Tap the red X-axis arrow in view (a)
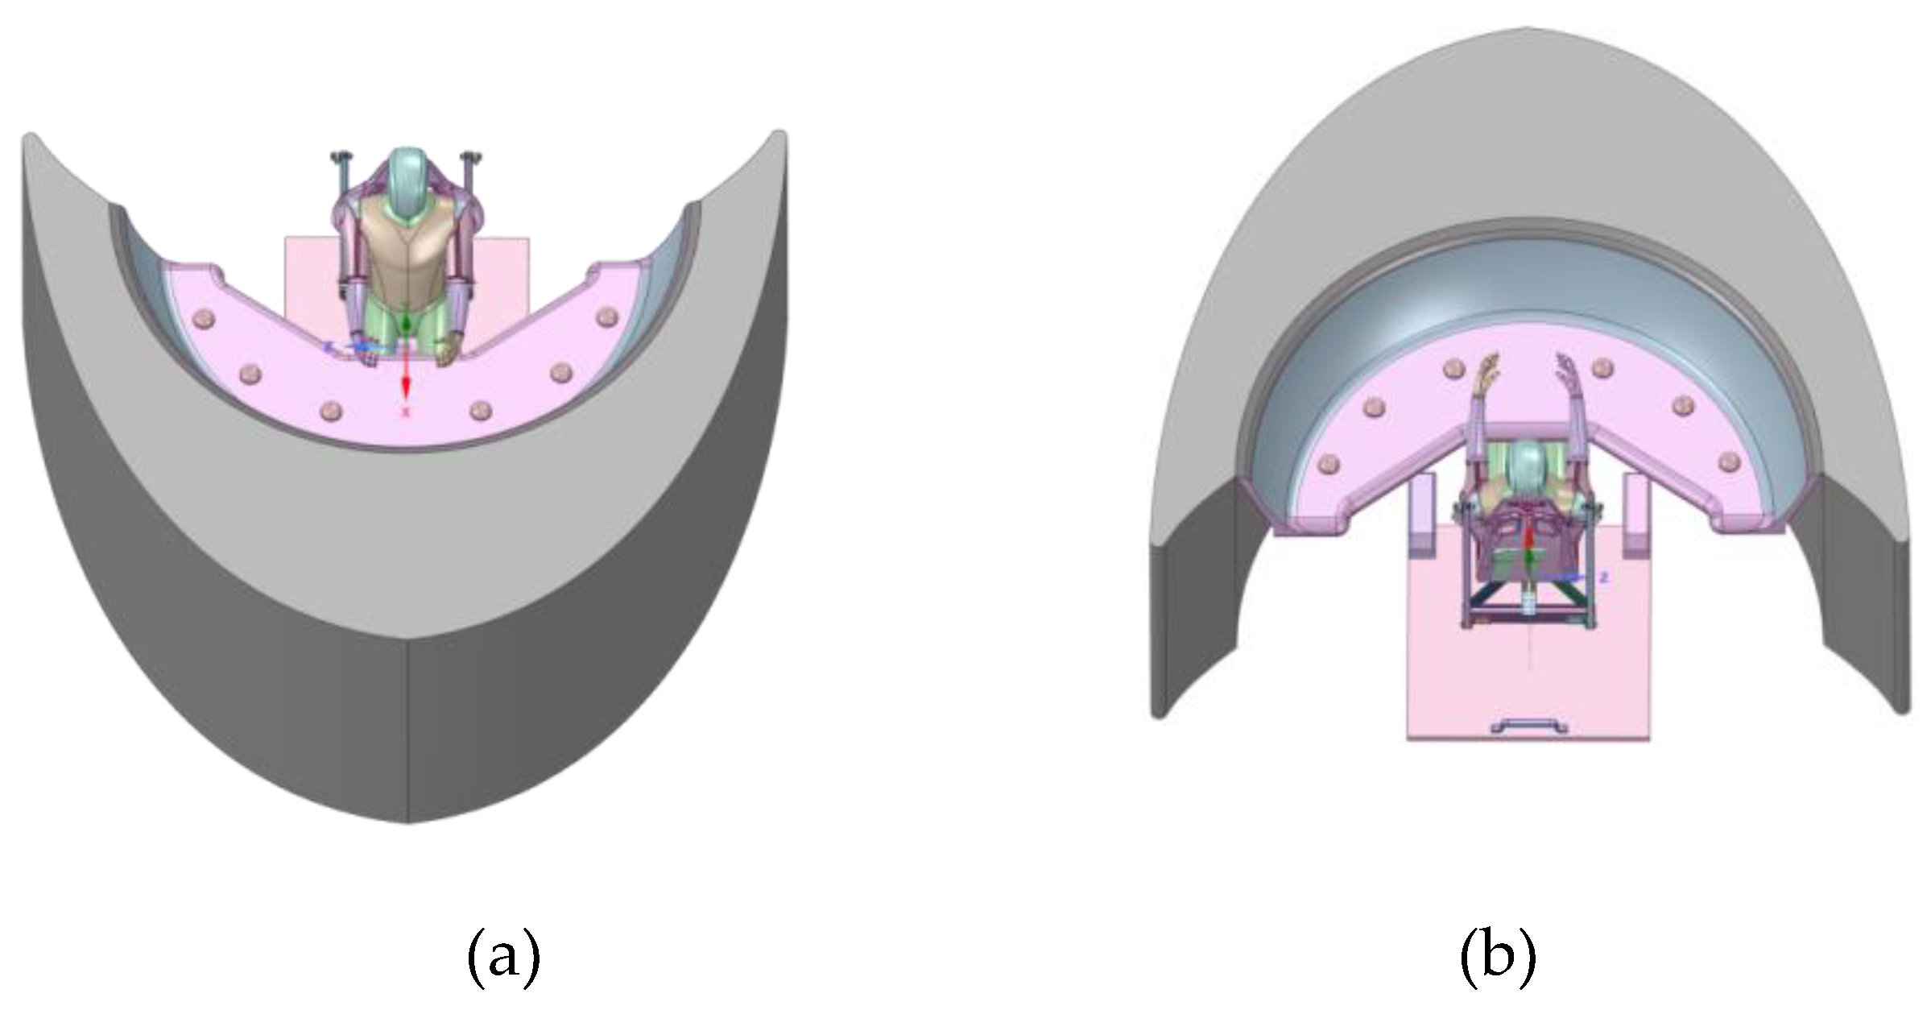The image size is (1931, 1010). tap(407, 379)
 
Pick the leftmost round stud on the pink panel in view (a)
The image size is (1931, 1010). tap(202, 320)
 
